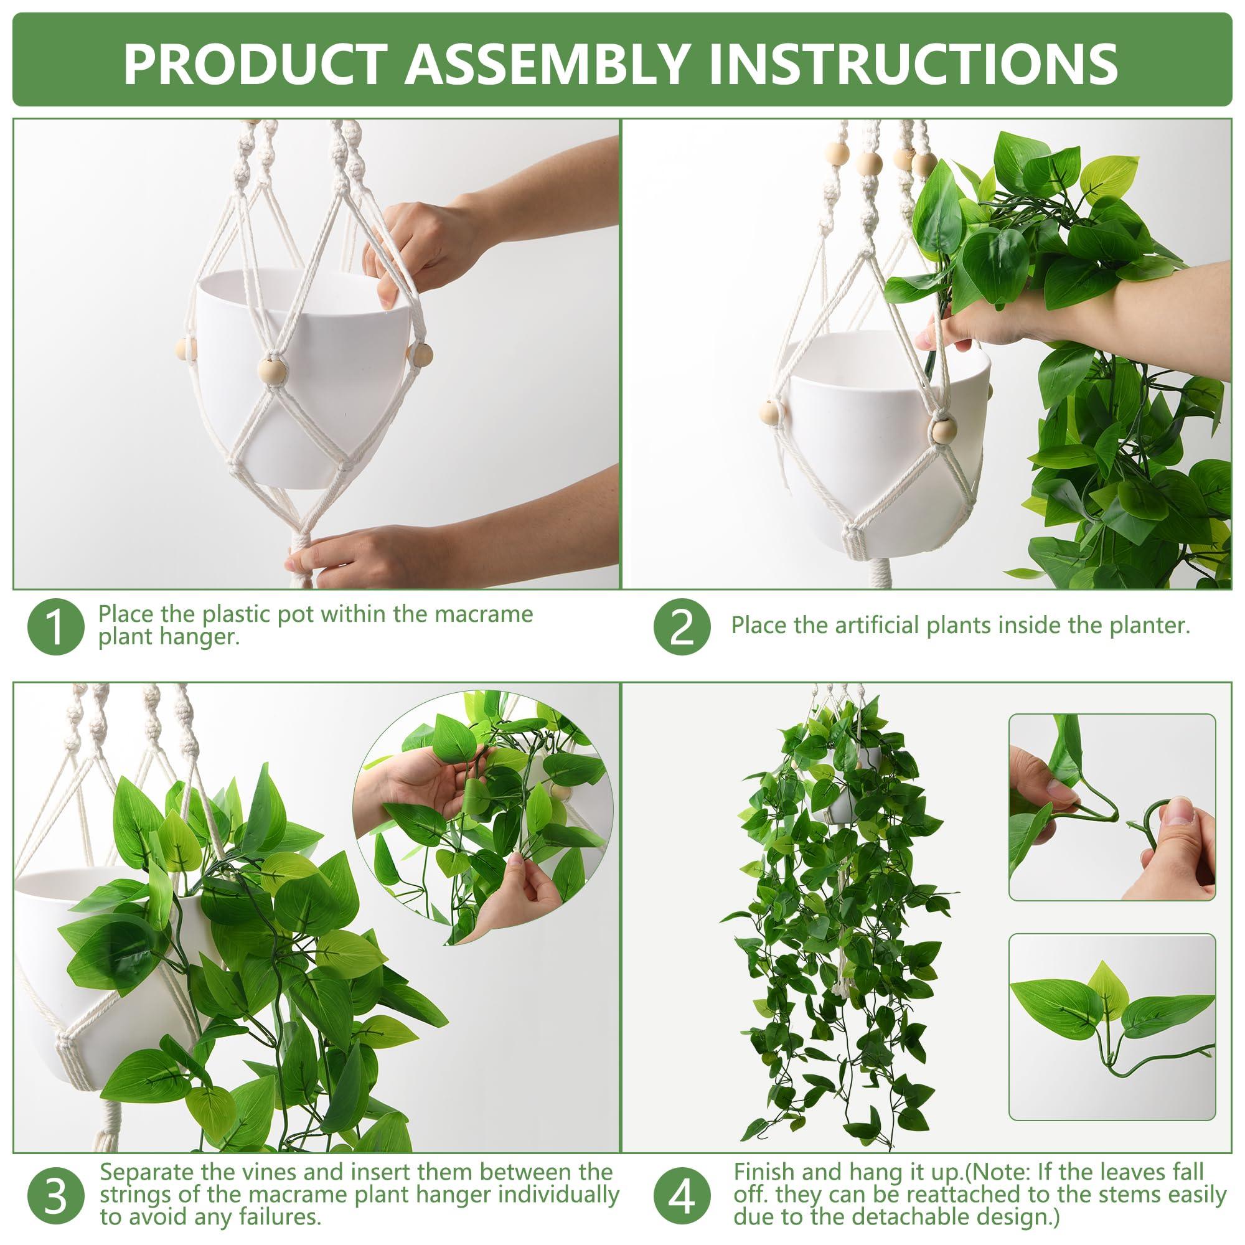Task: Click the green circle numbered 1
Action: click(56, 626)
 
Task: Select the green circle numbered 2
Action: click(682, 626)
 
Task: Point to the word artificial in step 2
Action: click(878, 625)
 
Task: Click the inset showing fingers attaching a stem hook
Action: click(1112, 807)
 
